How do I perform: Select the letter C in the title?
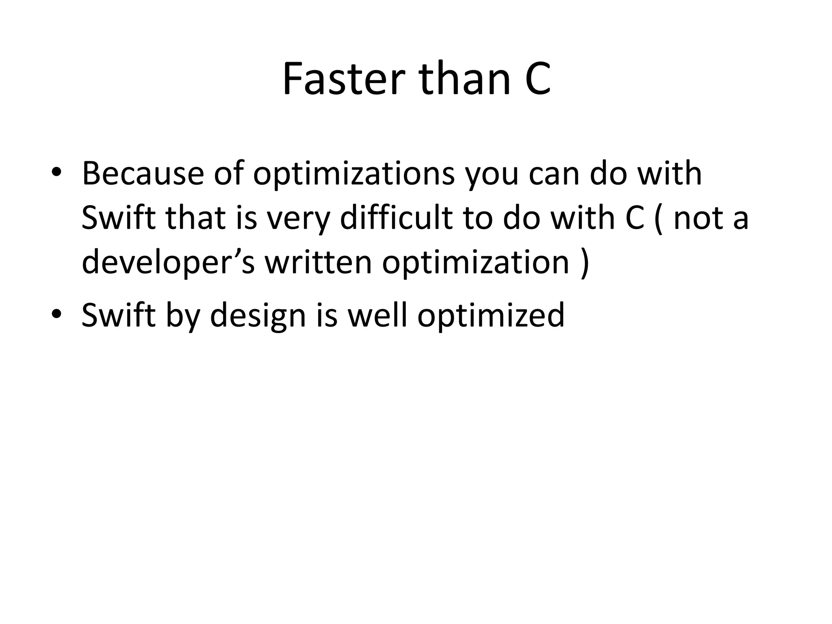click(x=537, y=79)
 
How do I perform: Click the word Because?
click(x=143, y=174)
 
